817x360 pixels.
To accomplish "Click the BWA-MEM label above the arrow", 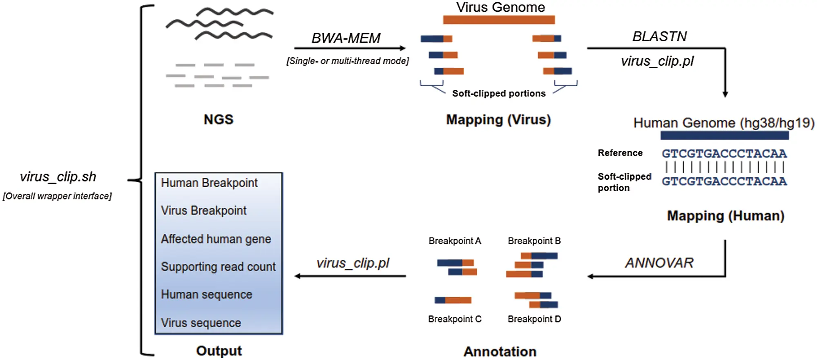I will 346,38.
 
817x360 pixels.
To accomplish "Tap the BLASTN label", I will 659,36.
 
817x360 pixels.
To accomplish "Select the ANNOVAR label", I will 659,263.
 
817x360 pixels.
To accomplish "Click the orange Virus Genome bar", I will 499,20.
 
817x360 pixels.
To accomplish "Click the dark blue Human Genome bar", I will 724,135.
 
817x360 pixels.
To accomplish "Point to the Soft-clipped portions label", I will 498,94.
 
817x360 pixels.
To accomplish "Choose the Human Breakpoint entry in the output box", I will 209,183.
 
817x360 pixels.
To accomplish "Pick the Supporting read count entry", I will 218,266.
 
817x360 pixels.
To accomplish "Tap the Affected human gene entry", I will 216,239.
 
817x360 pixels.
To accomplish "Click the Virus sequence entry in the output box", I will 201,323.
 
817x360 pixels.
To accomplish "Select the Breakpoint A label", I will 455,241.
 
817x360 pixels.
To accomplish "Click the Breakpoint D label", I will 534,319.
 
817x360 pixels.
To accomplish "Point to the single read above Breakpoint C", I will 453,300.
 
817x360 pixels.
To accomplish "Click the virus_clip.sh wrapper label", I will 58,177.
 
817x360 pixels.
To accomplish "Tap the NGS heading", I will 219,119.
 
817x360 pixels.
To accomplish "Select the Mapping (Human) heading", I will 725,216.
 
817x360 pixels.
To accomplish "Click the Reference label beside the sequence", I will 620,153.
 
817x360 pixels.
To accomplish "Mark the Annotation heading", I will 500,351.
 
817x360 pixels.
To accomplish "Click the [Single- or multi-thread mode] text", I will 347,61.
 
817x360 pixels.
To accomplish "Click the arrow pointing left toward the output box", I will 350,276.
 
